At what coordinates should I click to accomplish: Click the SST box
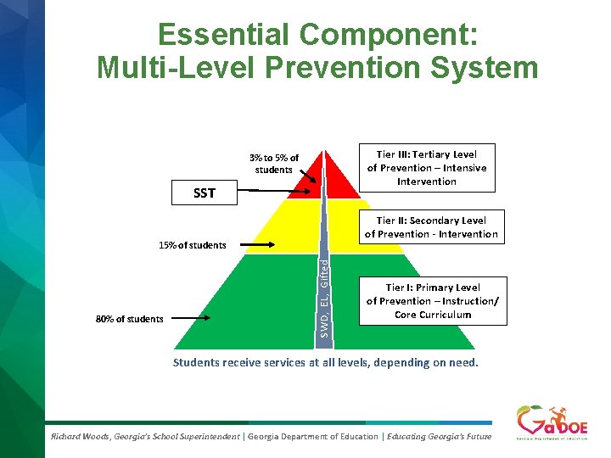(204, 193)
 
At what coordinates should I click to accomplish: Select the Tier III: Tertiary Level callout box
(426, 167)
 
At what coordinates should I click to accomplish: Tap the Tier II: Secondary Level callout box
(431, 226)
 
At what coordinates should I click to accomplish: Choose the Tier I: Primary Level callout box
(432, 301)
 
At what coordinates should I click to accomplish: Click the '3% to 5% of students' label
(273, 164)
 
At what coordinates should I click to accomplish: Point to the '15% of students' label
(193, 245)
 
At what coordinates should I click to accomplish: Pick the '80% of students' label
(129, 319)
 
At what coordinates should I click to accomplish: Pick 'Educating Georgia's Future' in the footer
(439, 436)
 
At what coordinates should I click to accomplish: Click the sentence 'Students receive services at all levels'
(325, 363)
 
